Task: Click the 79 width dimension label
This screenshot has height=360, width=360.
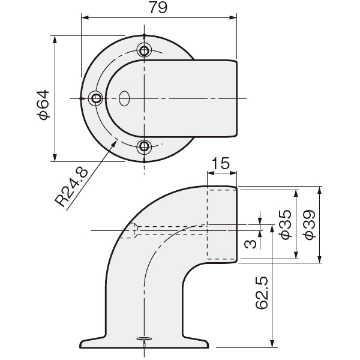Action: [x=158, y=8]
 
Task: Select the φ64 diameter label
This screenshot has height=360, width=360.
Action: [x=43, y=104]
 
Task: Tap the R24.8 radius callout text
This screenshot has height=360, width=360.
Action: [x=71, y=187]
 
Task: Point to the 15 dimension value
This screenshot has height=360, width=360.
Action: [x=220, y=163]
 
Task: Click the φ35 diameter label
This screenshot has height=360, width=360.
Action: [x=285, y=225]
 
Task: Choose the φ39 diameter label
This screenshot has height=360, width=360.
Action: [x=309, y=225]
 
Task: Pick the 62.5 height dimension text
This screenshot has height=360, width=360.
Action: [x=262, y=293]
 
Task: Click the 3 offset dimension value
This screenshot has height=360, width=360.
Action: [x=250, y=244]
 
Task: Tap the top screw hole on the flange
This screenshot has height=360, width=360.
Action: [x=144, y=50]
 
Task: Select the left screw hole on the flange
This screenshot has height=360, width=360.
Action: [x=96, y=99]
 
